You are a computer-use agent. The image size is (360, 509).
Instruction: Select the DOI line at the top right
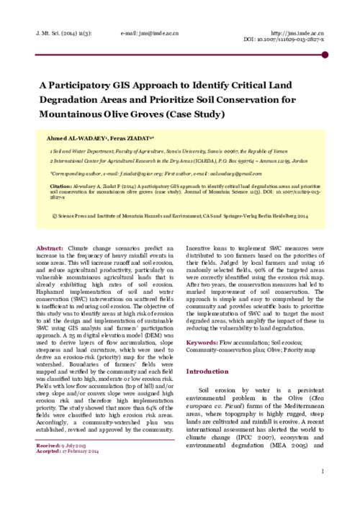click(x=285, y=41)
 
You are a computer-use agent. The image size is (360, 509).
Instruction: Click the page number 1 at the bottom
click(x=324, y=472)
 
